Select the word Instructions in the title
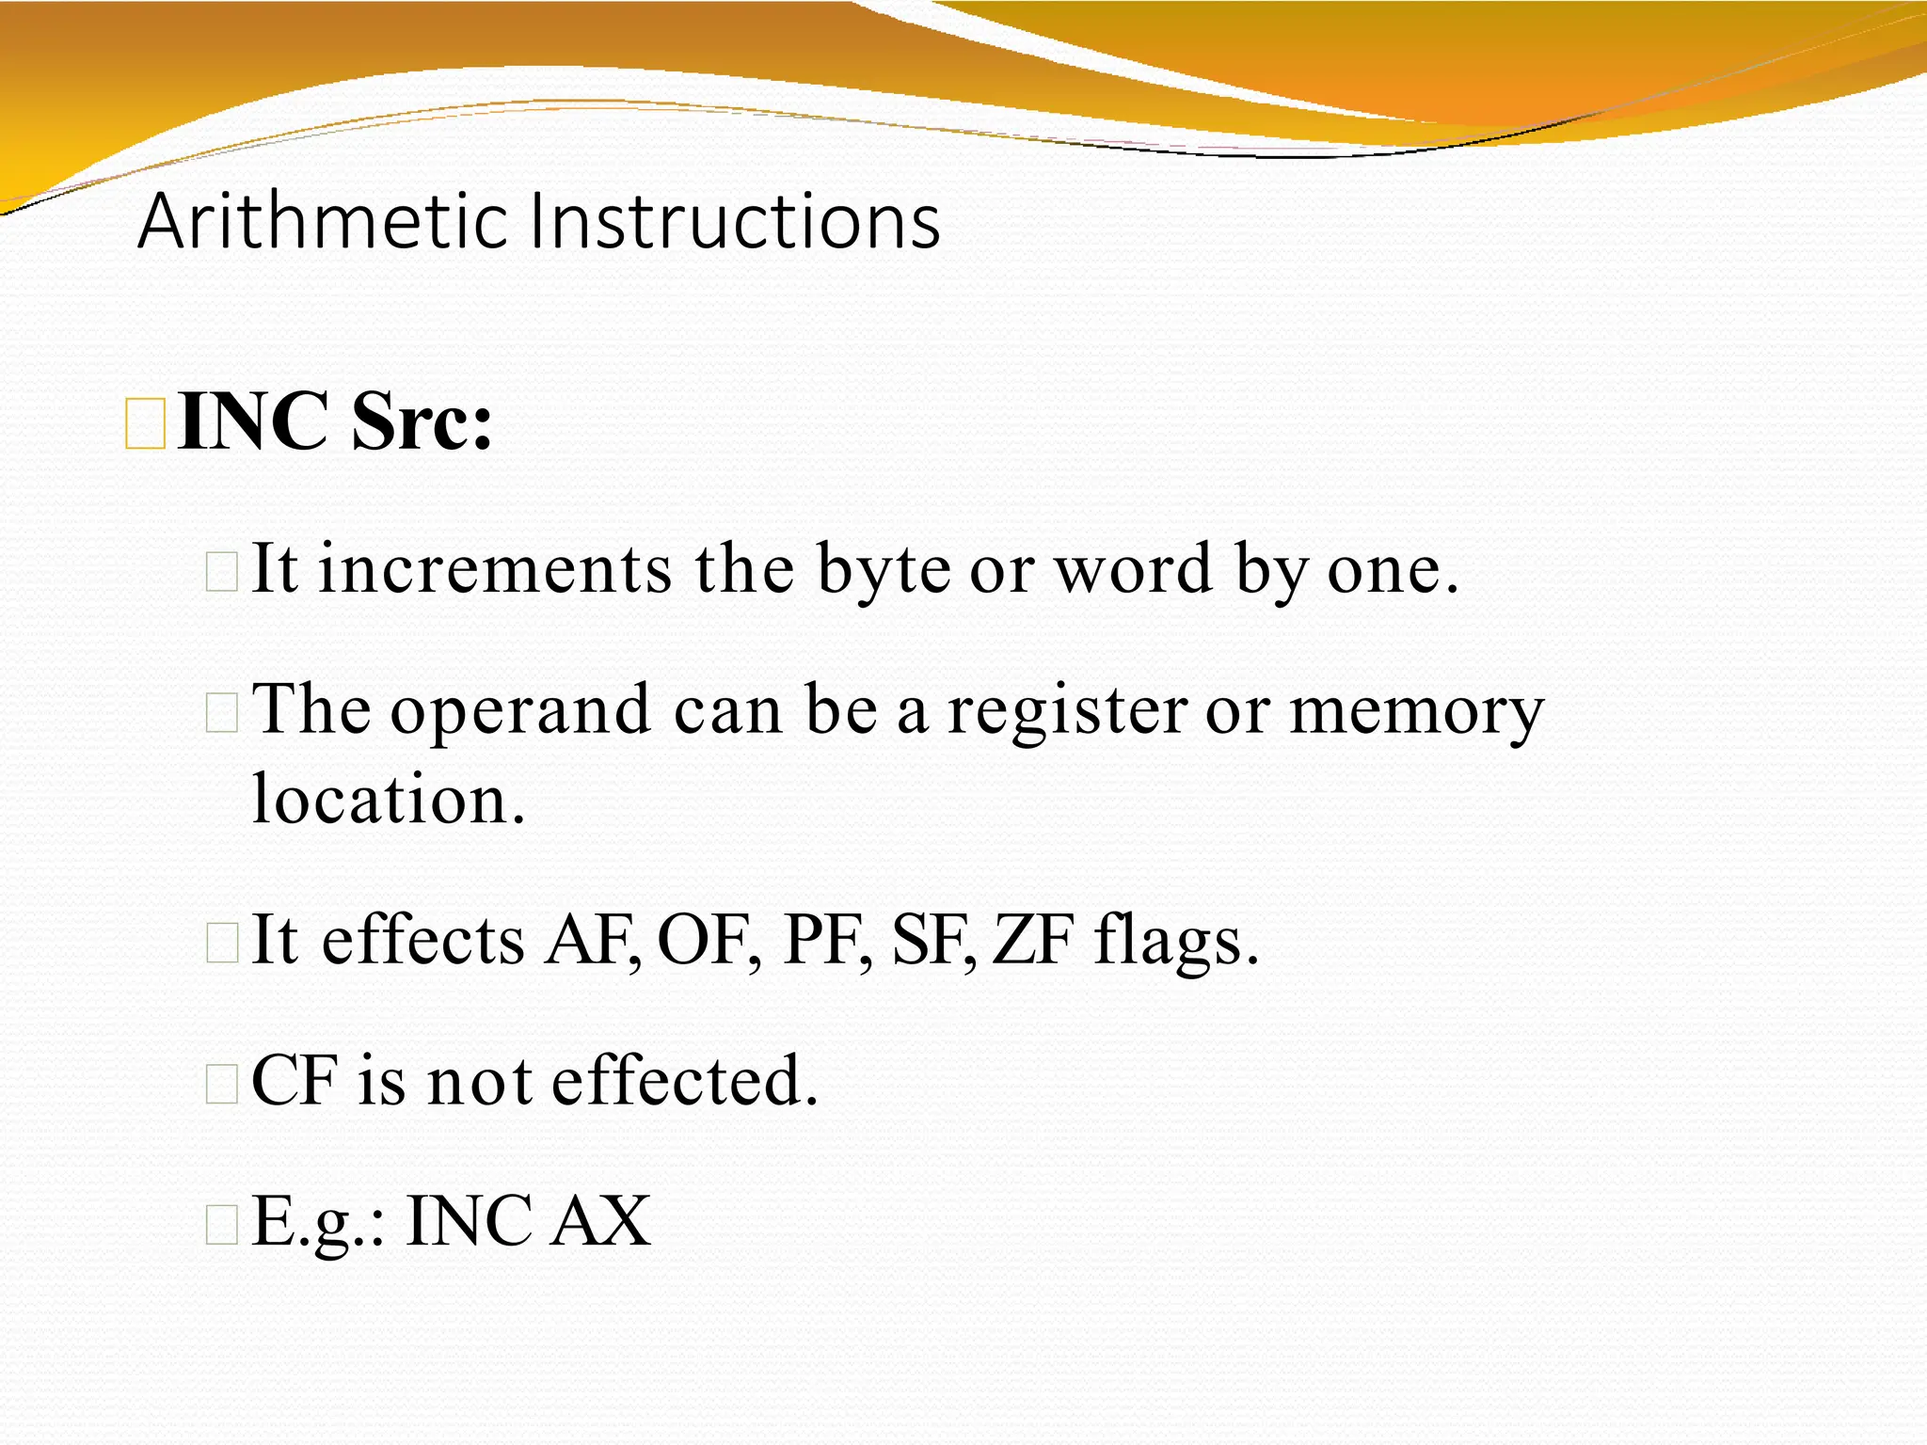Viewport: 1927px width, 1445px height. [735, 222]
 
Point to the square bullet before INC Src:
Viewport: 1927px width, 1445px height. [146, 424]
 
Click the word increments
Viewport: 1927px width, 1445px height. [495, 570]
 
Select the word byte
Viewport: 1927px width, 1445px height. [884, 570]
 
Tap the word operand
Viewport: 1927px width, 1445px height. [520, 710]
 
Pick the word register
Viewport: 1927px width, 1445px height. [1066, 710]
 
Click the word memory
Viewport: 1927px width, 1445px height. [1416, 710]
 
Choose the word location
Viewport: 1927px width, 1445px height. [388, 800]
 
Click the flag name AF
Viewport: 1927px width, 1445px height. [591, 941]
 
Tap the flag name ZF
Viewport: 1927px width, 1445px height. [1033, 941]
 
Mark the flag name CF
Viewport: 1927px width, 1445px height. [294, 1082]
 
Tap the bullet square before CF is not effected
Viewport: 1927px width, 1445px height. [222, 1085]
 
